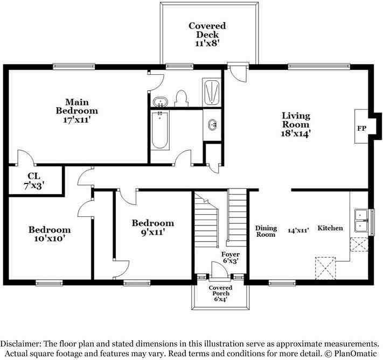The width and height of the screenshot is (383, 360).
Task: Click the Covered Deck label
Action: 207,34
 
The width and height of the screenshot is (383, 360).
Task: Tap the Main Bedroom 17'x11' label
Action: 77,111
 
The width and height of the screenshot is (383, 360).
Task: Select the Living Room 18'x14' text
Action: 296,124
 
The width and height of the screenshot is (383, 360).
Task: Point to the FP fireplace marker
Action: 361,129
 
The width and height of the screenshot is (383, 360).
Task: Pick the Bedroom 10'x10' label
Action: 50,234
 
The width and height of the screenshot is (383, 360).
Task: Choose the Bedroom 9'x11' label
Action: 153,228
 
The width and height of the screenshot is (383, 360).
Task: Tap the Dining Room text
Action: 266,231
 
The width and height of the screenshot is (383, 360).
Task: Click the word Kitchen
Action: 330,228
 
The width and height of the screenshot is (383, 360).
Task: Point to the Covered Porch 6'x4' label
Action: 219,293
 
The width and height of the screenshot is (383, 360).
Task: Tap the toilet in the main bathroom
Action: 181,98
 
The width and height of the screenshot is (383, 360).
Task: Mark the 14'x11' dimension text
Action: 298,230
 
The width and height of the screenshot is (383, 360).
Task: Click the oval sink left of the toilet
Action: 159,101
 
